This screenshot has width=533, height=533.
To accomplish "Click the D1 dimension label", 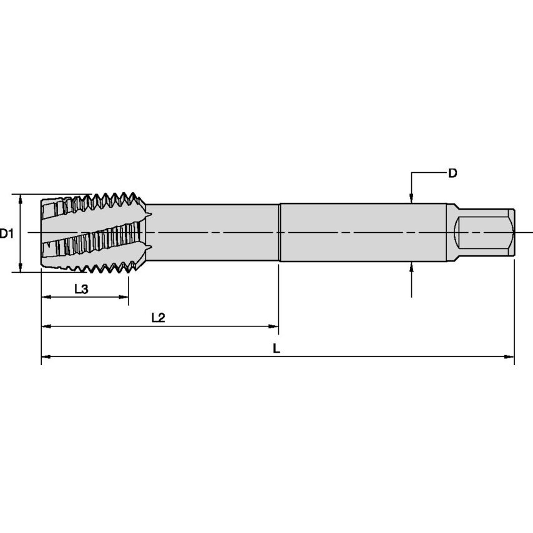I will [7, 233].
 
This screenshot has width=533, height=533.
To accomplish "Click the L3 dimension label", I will [81, 289].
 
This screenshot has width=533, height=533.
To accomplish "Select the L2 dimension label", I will [158, 318].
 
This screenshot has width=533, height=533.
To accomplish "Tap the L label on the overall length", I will [276, 349].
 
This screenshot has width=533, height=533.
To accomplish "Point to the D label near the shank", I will [453, 174].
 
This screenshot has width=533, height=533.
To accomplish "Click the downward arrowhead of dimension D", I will [411, 198].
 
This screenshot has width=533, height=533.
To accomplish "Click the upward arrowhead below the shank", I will [411, 268].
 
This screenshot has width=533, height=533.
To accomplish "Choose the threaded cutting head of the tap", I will [94, 233].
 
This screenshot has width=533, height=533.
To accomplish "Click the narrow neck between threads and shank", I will [212, 233].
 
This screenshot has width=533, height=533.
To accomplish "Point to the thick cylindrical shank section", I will [362, 233].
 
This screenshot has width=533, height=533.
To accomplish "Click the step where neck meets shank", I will [279, 233].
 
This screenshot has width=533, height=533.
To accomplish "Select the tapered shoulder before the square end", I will [454, 233].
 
